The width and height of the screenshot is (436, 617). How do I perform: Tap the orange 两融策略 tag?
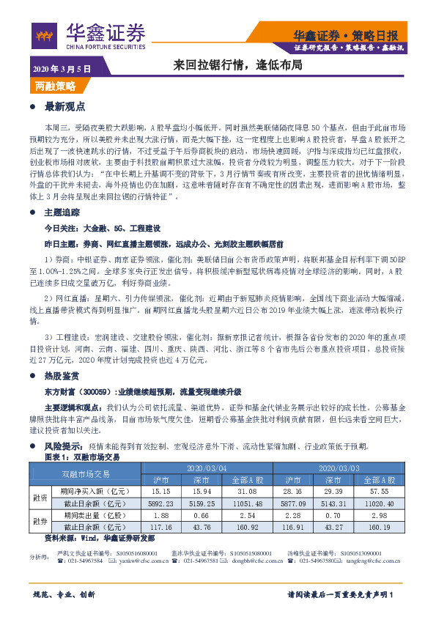pyautogui.click(x=55, y=86)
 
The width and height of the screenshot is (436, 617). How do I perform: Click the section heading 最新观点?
pyautogui.click(x=65, y=106)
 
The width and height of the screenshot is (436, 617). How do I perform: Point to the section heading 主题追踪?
pyautogui.click(x=65, y=212)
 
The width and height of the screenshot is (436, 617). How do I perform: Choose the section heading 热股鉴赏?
pyautogui.click(x=65, y=376)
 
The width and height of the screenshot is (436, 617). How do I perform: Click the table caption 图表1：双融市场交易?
pyautogui.click(x=82, y=457)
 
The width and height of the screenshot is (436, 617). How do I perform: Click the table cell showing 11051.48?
pyautogui.click(x=251, y=505)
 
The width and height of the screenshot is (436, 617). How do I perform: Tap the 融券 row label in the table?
pyautogui.click(x=40, y=522)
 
